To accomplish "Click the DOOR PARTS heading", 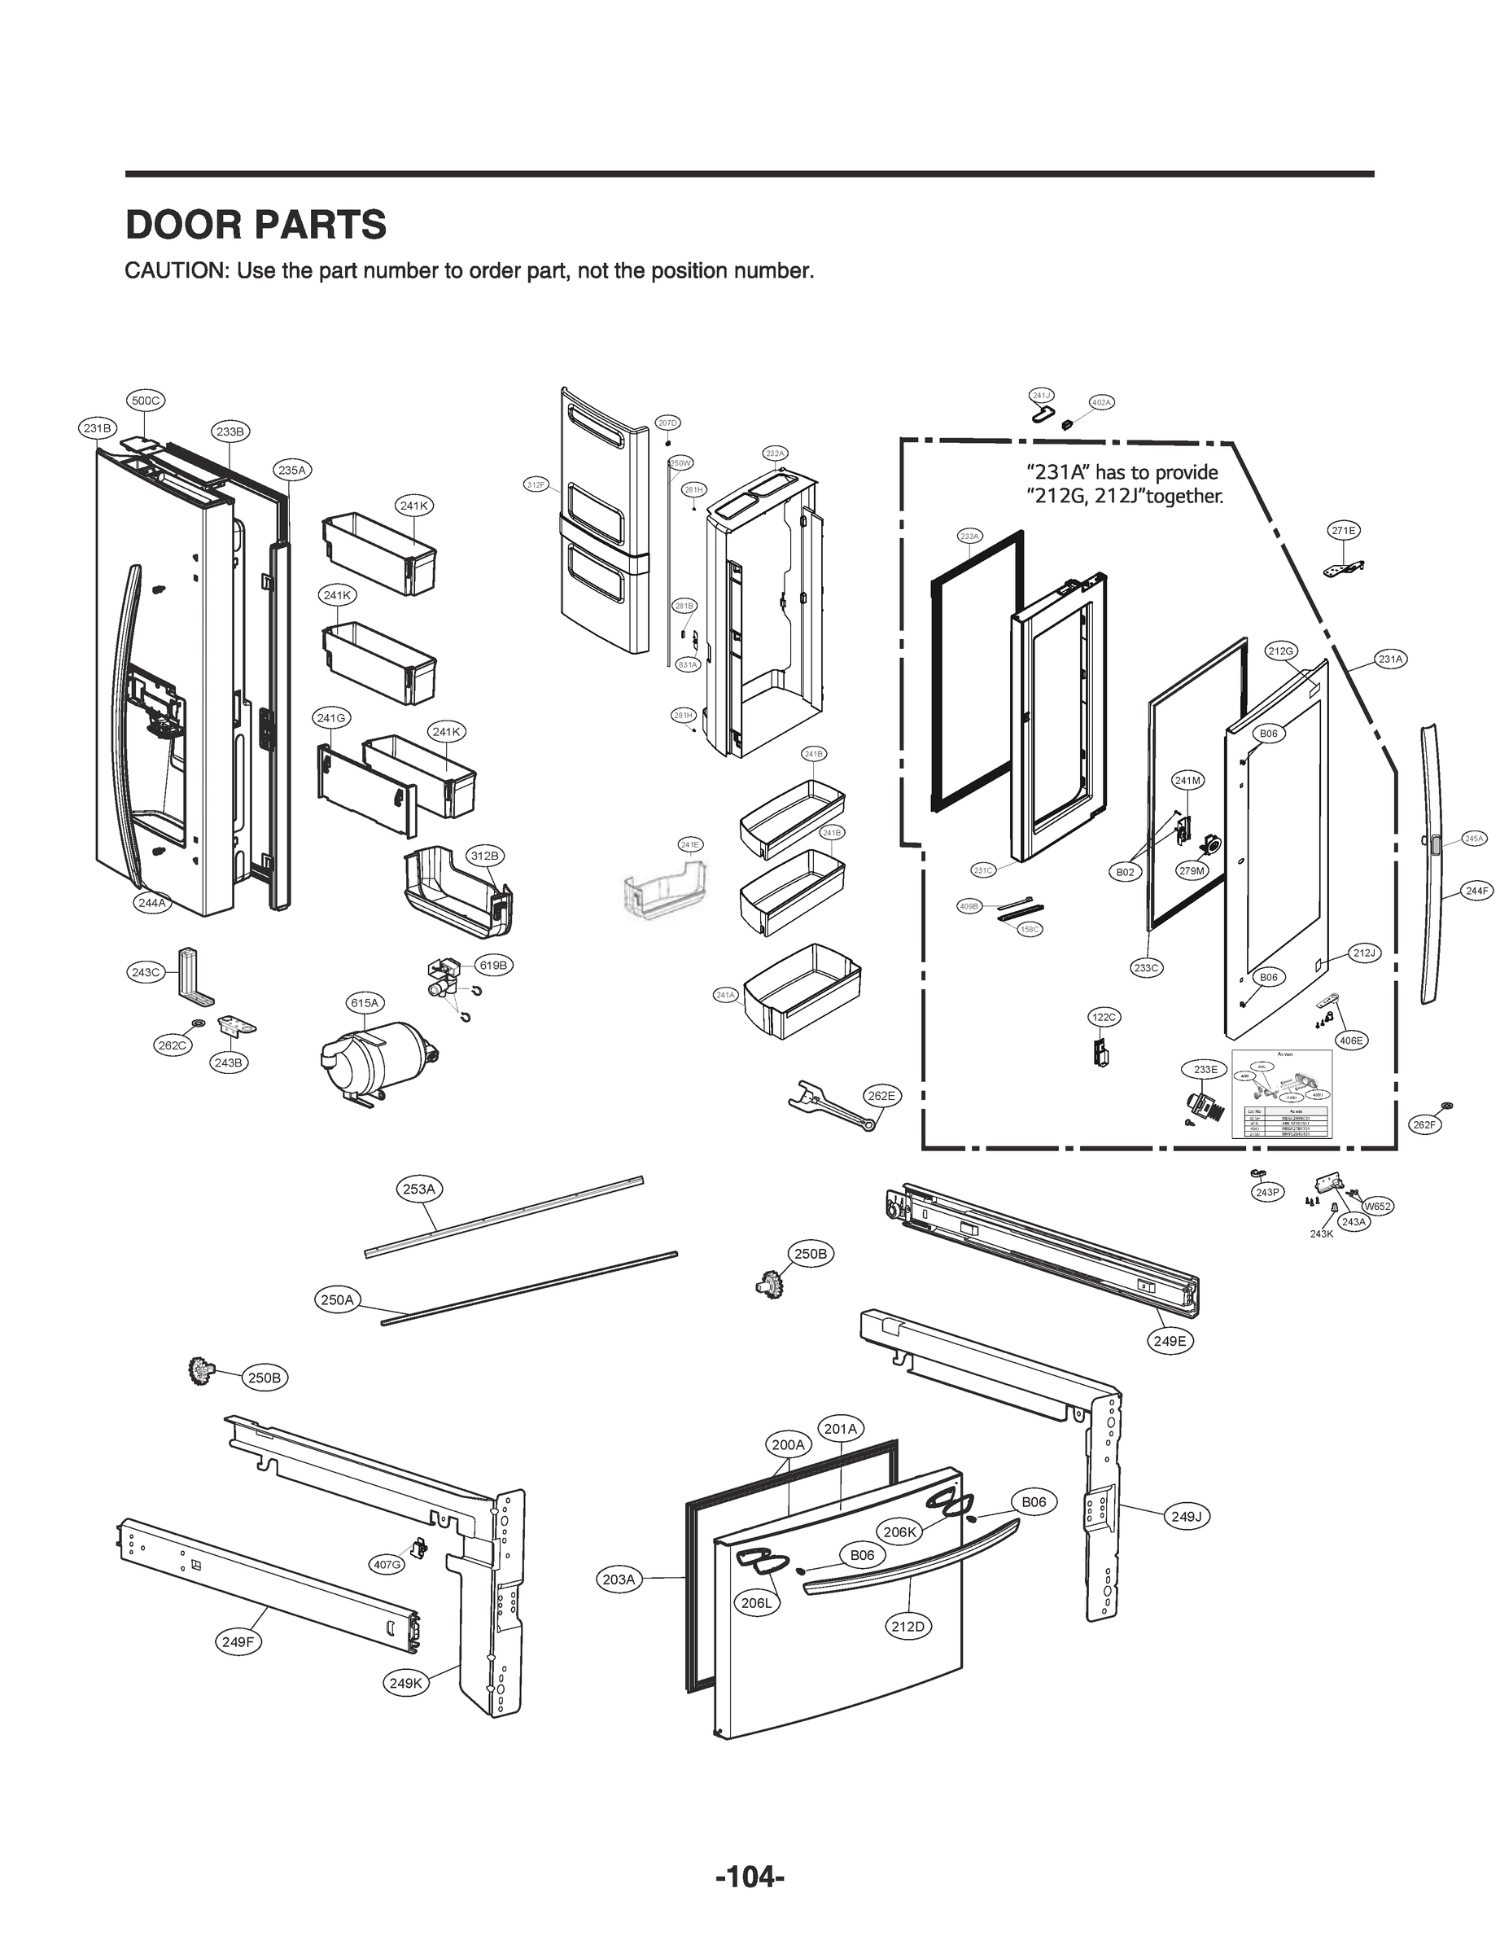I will click(256, 225).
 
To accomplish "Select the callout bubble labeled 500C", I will click(146, 401).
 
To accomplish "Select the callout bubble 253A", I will click(419, 1189).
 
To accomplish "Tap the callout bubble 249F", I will click(238, 1641).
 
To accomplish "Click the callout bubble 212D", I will click(907, 1625).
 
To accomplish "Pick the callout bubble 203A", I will click(618, 1579).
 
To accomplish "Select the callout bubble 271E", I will click(1344, 531).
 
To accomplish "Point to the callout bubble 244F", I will click(1476, 891).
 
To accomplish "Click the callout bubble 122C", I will click(1104, 1017).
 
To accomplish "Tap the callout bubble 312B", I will click(484, 856).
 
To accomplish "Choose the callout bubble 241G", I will click(331, 717).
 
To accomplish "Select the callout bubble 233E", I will click(1205, 1069).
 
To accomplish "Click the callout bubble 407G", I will click(387, 1564).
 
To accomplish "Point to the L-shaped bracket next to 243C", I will click(194, 978).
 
